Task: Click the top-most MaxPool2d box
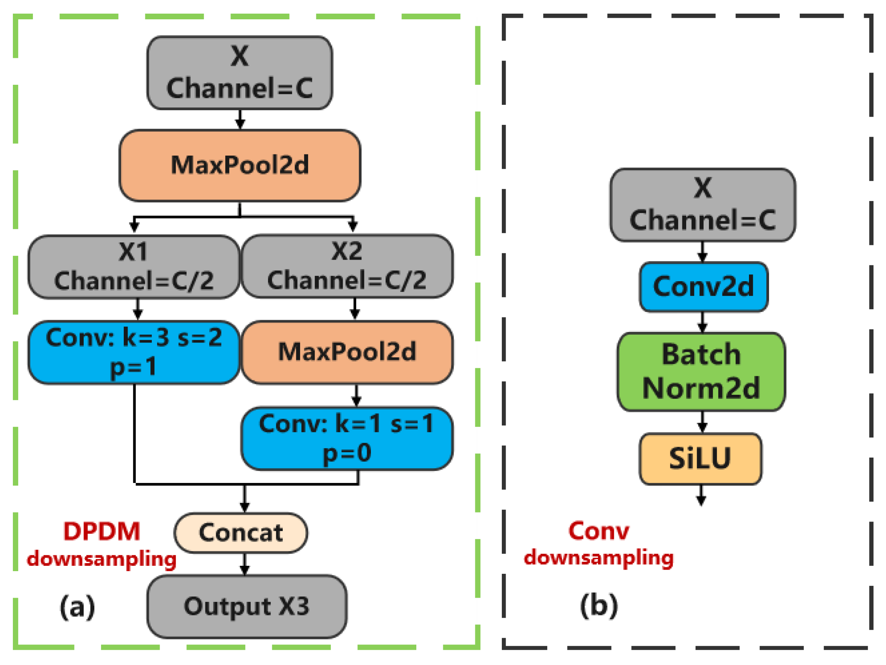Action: (x=240, y=165)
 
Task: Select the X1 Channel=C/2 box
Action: (x=134, y=266)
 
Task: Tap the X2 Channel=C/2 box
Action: (x=347, y=266)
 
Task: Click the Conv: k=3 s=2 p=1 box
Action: (x=134, y=352)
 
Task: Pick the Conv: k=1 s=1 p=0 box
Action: (x=347, y=438)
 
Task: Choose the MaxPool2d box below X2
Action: (x=347, y=352)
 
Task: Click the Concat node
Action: (x=241, y=533)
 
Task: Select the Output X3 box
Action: (x=247, y=606)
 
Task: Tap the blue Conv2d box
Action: (x=703, y=287)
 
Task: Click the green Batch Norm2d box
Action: (x=701, y=371)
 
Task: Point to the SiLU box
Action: (x=700, y=459)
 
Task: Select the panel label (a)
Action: (x=77, y=606)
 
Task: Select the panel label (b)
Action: (x=599, y=605)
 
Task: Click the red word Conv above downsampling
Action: (x=598, y=531)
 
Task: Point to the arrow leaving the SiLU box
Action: (x=701, y=495)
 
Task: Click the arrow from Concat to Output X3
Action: (x=245, y=564)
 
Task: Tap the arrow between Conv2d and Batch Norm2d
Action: (x=702, y=322)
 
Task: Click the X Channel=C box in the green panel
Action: (x=240, y=73)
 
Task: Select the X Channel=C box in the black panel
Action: (x=702, y=205)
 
